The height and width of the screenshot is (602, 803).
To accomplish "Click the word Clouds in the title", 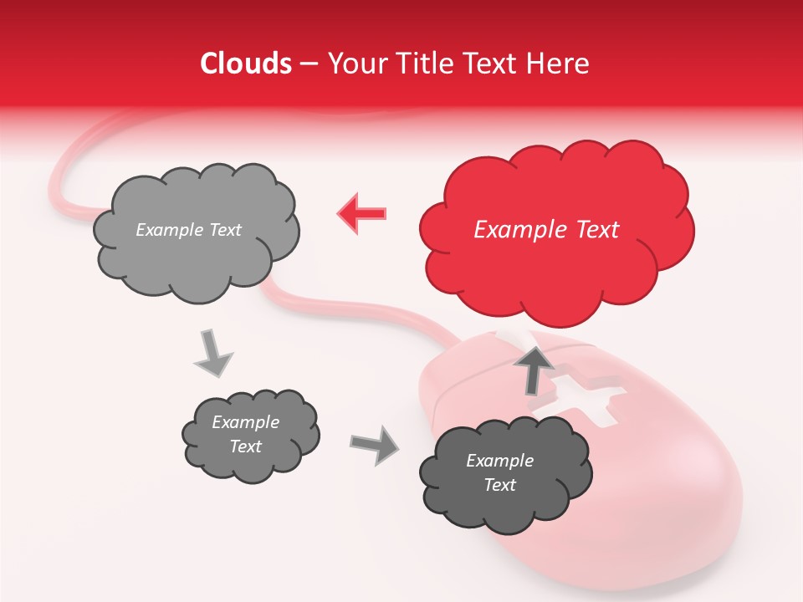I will tap(246, 64).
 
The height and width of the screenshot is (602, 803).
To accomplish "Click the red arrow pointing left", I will tap(361, 213).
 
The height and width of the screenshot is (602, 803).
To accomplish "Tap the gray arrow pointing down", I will tap(214, 353).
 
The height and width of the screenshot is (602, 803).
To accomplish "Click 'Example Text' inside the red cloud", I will tap(546, 230).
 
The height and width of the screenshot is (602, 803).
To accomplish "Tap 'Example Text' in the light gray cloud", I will tap(188, 230).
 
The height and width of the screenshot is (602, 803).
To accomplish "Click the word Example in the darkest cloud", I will tap(499, 461).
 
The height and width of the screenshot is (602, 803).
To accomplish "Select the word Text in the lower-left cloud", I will tap(245, 446).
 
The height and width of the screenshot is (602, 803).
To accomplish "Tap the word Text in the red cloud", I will tap(590, 230).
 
